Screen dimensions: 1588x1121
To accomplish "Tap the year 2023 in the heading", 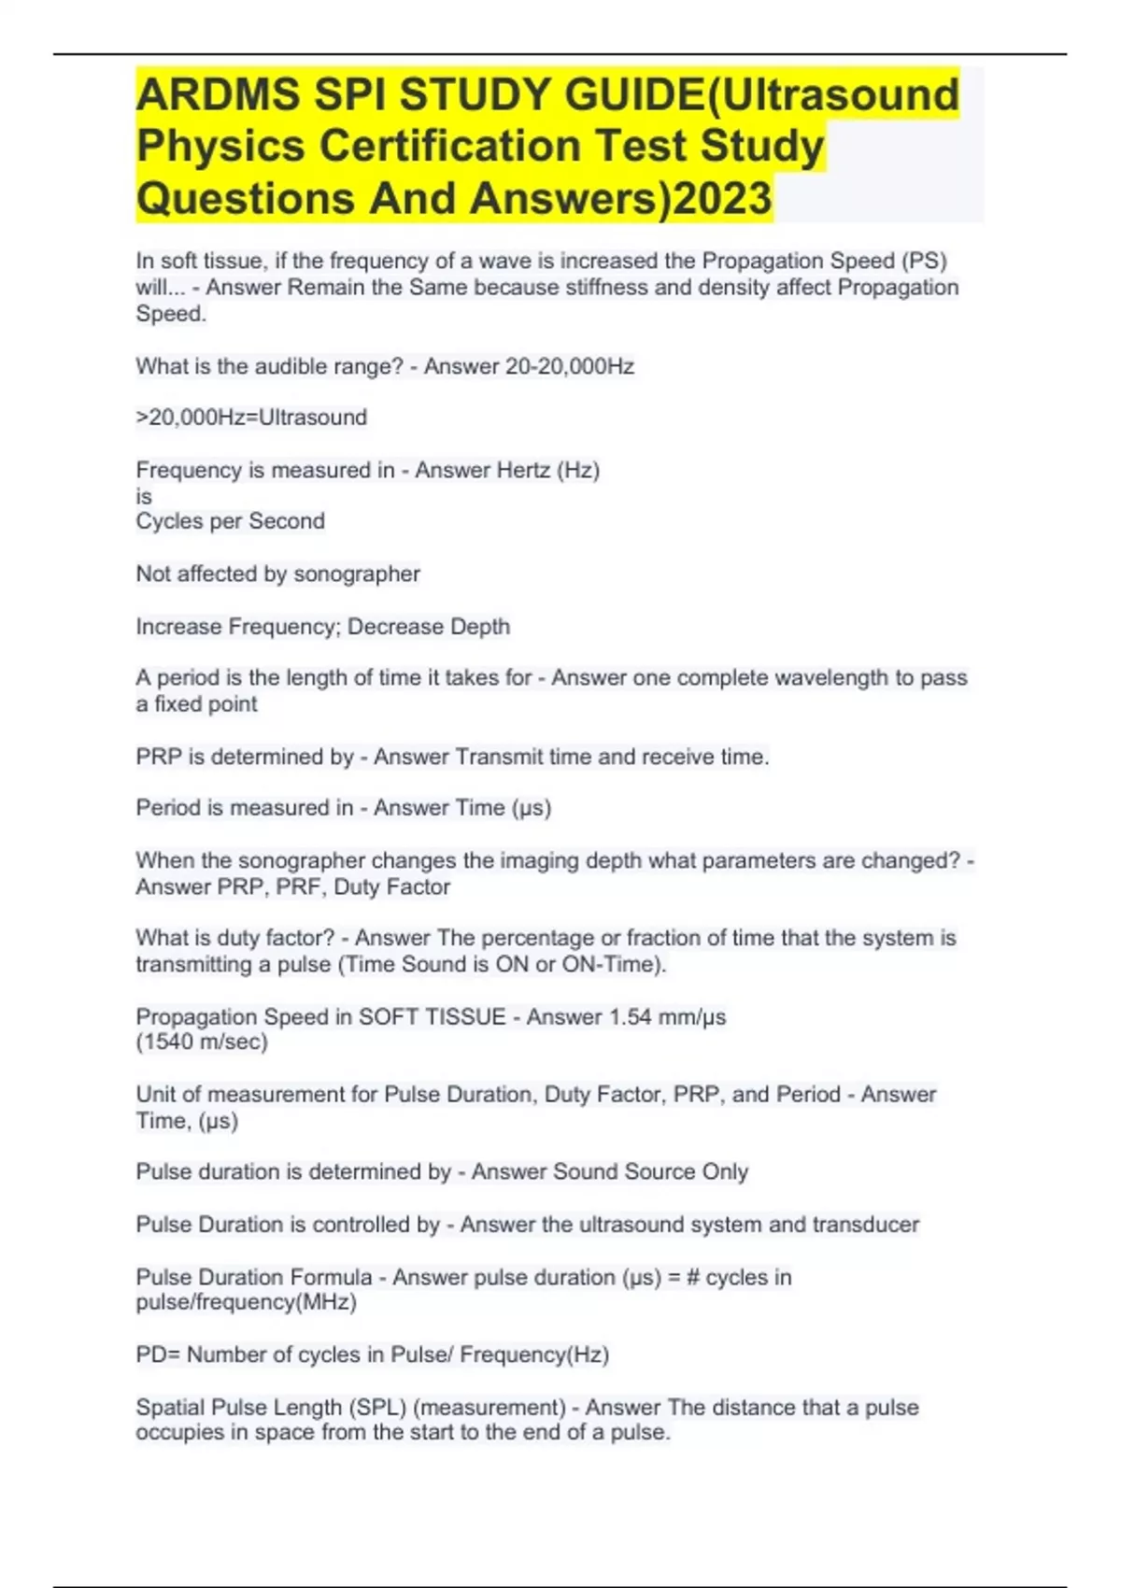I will (722, 198).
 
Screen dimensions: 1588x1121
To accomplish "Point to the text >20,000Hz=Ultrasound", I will (251, 417).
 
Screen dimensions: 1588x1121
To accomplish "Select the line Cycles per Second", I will (230, 521).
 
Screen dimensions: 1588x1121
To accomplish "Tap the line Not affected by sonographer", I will (277, 574).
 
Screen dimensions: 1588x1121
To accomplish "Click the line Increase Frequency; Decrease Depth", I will (322, 626).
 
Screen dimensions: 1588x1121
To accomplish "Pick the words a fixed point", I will (196, 704).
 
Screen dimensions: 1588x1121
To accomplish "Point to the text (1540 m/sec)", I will (202, 1042).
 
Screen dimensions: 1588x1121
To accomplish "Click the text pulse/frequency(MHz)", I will (247, 1302).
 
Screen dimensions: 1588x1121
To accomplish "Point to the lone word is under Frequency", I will (144, 496).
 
